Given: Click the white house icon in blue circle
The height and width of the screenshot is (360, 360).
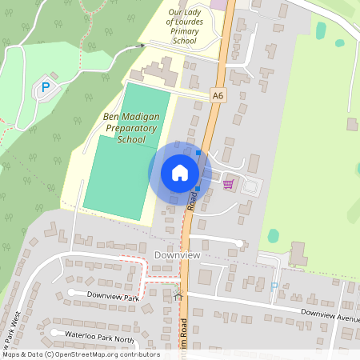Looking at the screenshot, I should click(180, 173).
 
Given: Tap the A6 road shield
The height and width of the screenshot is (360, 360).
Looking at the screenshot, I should click(218, 95).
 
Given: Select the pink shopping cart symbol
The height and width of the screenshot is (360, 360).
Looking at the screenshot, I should click(228, 184).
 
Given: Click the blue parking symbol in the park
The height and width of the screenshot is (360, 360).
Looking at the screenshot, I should click(46, 86).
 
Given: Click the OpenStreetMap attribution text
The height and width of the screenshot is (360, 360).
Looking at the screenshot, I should click(81, 354).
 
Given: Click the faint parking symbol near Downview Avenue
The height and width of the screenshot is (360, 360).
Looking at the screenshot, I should click(274, 286).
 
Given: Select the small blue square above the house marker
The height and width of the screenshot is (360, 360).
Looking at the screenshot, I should click(198, 152).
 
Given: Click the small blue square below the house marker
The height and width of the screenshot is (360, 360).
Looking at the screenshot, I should click(197, 189).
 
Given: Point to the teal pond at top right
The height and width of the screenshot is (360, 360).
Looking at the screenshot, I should click(321, 30).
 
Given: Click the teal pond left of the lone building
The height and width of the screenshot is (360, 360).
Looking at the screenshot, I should click(274, 236).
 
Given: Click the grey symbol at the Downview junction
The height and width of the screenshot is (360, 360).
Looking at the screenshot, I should click(178, 295).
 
